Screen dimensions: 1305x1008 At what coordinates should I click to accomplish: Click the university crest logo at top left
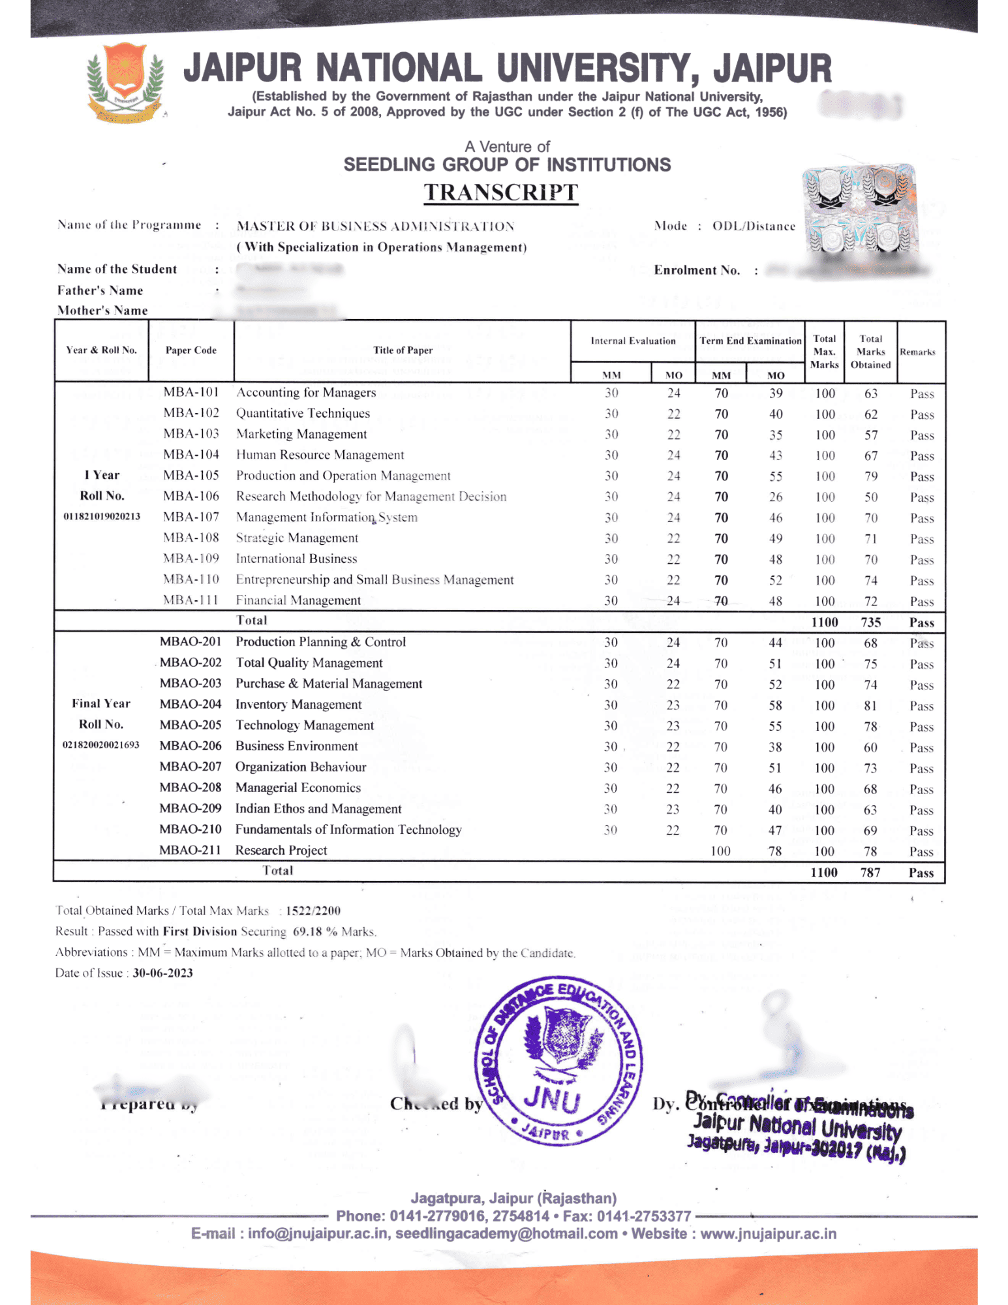(x=125, y=83)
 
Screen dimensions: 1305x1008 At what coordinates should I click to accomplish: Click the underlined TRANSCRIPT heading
(x=500, y=192)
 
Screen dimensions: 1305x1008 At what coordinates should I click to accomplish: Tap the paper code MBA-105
(x=191, y=475)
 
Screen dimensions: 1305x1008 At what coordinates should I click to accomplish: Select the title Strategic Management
(x=297, y=538)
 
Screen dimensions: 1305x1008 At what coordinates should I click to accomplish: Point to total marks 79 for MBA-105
(x=871, y=476)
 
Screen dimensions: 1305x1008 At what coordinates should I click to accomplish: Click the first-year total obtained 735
(x=871, y=622)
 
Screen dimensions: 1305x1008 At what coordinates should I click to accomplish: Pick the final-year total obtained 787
(x=870, y=872)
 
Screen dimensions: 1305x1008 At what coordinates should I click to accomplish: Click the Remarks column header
(x=917, y=352)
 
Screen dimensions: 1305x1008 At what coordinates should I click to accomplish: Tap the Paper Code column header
(x=191, y=350)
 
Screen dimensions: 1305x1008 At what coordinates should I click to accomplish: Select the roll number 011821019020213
(x=102, y=516)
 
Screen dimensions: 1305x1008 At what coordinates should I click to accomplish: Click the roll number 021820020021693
(x=101, y=745)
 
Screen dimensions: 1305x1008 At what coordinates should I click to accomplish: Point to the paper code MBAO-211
(x=190, y=850)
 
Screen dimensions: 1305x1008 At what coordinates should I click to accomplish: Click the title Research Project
(x=281, y=850)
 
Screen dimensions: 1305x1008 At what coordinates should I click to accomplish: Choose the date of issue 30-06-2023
(x=162, y=973)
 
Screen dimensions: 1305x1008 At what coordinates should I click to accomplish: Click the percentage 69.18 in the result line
(x=307, y=931)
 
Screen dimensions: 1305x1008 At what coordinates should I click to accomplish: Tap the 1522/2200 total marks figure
(x=313, y=910)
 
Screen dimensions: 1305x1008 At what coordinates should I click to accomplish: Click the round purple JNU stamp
(x=558, y=1061)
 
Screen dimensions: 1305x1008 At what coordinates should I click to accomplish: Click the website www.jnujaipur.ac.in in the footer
(x=768, y=1234)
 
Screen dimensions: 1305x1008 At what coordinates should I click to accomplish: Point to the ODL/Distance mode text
(x=754, y=226)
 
